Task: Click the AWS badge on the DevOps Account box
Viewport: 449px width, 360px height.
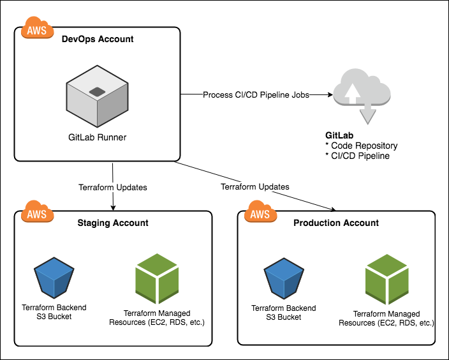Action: pyautogui.click(x=36, y=28)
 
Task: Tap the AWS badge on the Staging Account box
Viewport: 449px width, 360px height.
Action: pyautogui.click(x=36, y=212)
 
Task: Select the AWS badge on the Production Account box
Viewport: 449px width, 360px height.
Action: pyautogui.click(x=260, y=212)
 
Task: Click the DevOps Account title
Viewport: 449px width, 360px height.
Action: pyautogui.click(x=98, y=39)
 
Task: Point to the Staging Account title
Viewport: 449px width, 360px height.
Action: pyautogui.click(x=113, y=223)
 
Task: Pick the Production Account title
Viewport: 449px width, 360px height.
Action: pyautogui.click(x=336, y=223)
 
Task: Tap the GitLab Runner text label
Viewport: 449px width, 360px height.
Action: pyautogui.click(x=97, y=137)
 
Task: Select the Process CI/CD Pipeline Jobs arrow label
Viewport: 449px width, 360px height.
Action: pyautogui.click(x=256, y=94)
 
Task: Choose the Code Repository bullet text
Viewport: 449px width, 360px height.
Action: pyautogui.click(x=361, y=146)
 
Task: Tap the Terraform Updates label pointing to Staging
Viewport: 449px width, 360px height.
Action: pyautogui.click(x=113, y=188)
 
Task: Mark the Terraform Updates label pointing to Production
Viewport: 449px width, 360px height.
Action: pyautogui.click(x=254, y=187)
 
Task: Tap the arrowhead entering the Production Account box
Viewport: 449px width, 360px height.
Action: pyautogui.click(x=334, y=209)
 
